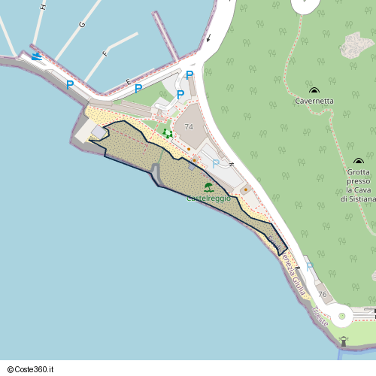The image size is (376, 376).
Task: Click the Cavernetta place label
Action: pyautogui.click(x=314, y=100)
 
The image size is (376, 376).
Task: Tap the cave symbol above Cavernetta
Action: pyautogui.click(x=314, y=90)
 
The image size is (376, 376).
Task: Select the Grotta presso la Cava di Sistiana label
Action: pyautogui.click(x=358, y=185)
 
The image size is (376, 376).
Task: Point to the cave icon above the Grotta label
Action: pyautogui.click(x=358, y=162)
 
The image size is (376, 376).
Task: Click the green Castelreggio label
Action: pyautogui.click(x=208, y=198)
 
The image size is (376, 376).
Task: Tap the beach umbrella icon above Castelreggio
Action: pyautogui.click(x=208, y=186)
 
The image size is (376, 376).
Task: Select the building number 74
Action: pyautogui.click(x=188, y=127)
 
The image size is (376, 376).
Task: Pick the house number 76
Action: pyautogui.click(x=323, y=294)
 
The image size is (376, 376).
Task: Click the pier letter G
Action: pyautogui.click(x=81, y=25)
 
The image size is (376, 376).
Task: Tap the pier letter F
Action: pyautogui.click(x=105, y=54)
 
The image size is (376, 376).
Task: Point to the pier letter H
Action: pyautogui.click(x=44, y=8)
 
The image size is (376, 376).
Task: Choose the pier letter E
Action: pyautogui.click(x=129, y=80)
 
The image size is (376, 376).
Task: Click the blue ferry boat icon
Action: pyautogui.click(x=36, y=57)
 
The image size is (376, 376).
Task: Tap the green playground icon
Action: pyautogui.click(x=167, y=133)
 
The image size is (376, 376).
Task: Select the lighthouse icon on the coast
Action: pyautogui.click(x=344, y=341)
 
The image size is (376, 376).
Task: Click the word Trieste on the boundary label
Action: pyautogui.click(x=320, y=317)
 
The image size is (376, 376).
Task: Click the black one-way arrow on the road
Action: pyautogui.click(x=208, y=37)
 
